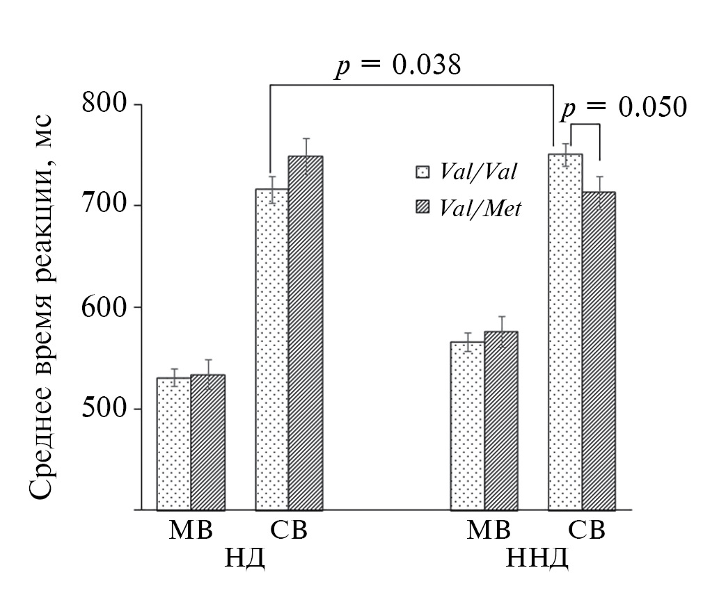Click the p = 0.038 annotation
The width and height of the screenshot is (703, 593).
click(x=397, y=66)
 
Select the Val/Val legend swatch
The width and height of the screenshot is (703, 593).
click(x=422, y=171)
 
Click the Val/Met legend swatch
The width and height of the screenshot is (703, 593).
click(x=422, y=206)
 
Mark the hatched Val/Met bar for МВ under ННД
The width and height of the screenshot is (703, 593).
click(x=500, y=421)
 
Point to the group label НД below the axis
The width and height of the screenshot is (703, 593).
click(x=244, y=558)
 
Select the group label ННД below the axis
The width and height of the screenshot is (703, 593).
click(x=537, y=558)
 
